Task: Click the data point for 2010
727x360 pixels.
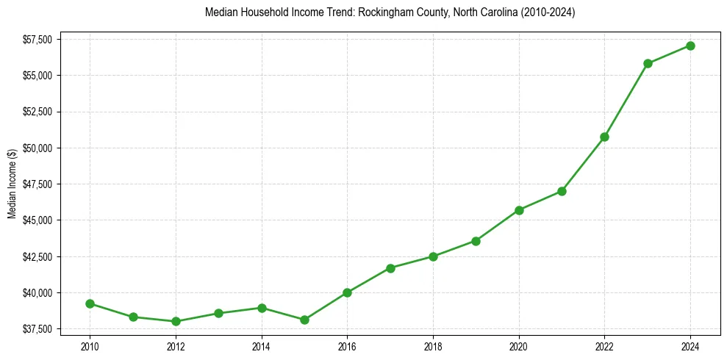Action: click(x=90, y=303)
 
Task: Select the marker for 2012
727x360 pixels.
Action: click(x=176, y=321)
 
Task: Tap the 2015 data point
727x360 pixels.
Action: click(x=304, y=320)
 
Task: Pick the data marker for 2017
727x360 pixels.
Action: click(x=390, y=268)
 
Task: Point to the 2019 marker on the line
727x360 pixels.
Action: click(x=476, y=241)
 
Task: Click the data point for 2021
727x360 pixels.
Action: click(x=562, y=191)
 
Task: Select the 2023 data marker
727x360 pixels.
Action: click(x=648, y=63)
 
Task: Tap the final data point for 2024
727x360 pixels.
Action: click(x=690, y=46)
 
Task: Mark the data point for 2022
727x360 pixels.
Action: click(x=604, y=137)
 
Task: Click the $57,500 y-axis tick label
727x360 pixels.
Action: click(x=37, y=39)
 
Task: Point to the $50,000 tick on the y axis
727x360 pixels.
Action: click(x=37, y=148)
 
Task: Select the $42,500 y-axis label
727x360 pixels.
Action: click(x=37, y=256)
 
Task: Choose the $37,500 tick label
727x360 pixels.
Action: click(x=37, y=328)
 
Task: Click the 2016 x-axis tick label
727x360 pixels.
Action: click(x=347, y=345)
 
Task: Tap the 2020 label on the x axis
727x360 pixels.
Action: click(x=519, y=345)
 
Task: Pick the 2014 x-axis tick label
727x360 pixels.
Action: click(x=261, y=345)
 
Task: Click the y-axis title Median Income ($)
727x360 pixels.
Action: click(x=12, y=184)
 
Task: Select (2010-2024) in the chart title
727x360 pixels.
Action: click(x=548, y=13)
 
